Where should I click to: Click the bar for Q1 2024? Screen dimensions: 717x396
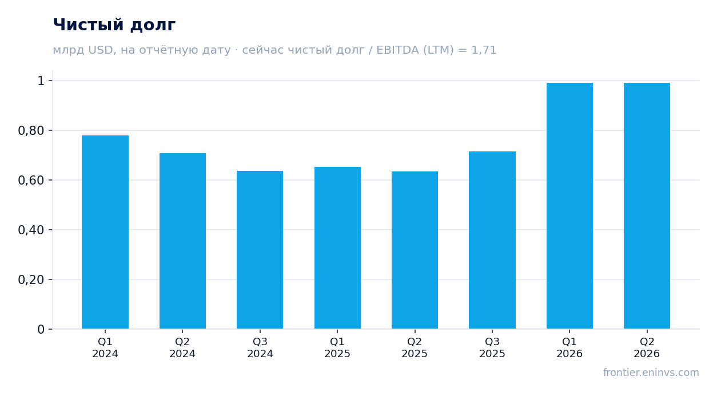105,232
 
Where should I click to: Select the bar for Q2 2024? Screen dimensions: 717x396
182,241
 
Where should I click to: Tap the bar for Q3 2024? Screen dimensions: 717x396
260,250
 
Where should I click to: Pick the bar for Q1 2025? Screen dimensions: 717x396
337,247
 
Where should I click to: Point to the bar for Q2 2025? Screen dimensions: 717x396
415,250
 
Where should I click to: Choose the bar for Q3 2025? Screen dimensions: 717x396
492,240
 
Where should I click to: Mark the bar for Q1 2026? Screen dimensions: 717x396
569,206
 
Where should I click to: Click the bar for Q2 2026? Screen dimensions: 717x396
647,206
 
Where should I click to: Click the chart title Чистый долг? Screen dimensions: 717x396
114,25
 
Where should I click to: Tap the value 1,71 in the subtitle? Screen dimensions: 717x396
484,50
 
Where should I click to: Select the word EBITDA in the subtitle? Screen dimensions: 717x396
398,50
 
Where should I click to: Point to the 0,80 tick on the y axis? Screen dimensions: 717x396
31,130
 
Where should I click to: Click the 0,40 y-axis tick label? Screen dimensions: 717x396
31,230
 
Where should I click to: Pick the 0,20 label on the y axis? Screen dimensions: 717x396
31,279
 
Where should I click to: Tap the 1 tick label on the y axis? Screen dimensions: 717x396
41,81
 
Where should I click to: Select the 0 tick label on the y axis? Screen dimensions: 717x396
41,330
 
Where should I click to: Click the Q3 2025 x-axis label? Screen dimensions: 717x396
492,347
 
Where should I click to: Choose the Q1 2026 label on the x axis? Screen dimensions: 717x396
569,347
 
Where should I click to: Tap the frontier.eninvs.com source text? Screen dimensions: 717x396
651,373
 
